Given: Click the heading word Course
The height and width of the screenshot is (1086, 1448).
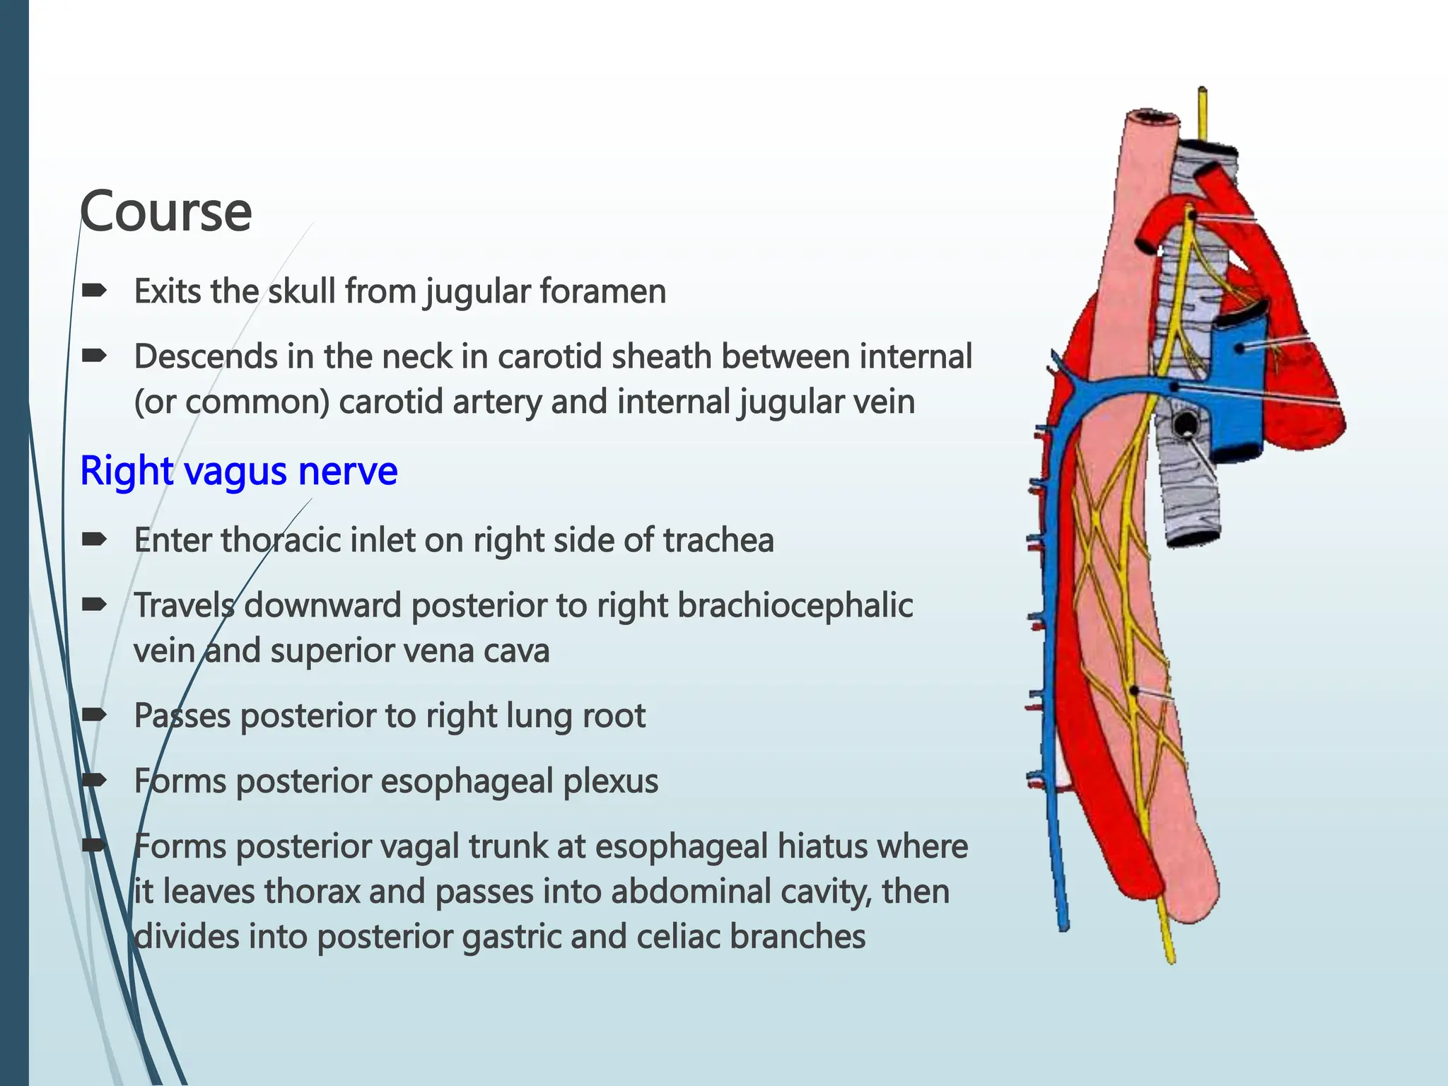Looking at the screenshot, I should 166,211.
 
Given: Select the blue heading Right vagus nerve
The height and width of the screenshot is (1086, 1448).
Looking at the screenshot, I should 239,471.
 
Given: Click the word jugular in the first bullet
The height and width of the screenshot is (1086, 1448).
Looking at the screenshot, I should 477,291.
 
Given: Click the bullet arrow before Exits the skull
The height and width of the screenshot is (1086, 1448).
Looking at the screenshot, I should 94,290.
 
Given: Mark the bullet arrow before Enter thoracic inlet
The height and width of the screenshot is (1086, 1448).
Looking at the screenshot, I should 94,539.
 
